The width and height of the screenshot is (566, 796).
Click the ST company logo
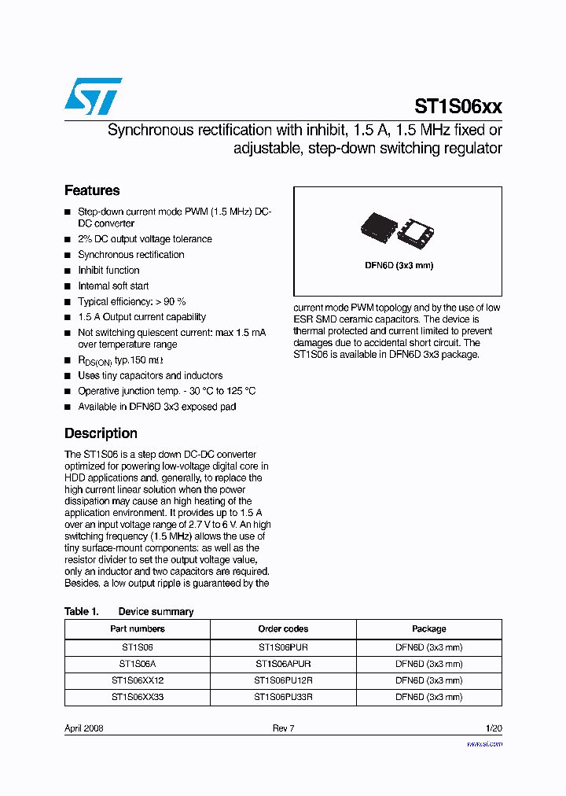[x=93, y=96]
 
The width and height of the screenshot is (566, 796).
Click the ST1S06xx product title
[x=458, y=107]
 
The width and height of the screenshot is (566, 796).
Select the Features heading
[x=92, y=190]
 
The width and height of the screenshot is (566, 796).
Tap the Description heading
[x=101, y=433]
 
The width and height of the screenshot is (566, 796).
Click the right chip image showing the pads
[x=416, y=230]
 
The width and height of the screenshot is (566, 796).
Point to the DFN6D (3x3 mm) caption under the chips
[x=399, y=265]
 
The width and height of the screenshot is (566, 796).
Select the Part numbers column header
[x=138, y=629]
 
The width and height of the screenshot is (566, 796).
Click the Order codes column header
[x=283, y=629]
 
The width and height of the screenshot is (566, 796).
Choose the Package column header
[x=428, y=629]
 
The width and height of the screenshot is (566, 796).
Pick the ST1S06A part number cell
[x=138, y=664]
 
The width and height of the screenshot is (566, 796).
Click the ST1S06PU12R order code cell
[x=283, y=681]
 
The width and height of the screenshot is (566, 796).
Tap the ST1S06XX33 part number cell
[x=138, y=698]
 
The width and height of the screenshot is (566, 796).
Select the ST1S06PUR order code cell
[x=283, y=647]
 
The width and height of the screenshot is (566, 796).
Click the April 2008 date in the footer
[x=84, y=728]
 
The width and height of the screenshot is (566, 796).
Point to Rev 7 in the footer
[x=283, y=728]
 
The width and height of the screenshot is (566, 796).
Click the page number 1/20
[x=494, y=728]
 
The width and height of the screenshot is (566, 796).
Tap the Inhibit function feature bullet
[x=108, y=271]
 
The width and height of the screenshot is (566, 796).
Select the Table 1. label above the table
[x=81, y=612]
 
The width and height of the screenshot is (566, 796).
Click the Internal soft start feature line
[x=113, y=286]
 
